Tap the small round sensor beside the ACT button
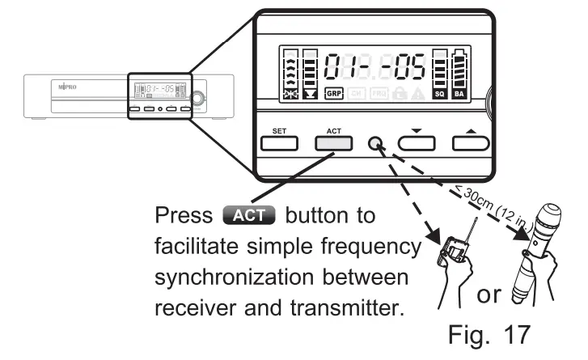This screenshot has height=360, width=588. (x=376, y=144)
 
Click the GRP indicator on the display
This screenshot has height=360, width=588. (x=335, y=95)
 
